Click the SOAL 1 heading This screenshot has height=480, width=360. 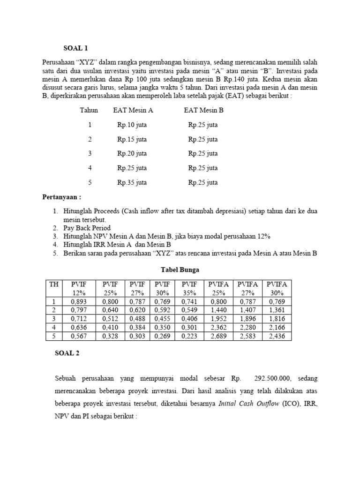[75, 48]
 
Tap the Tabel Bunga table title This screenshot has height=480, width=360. [180, 270]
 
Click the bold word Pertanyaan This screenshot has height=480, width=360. [61, 197]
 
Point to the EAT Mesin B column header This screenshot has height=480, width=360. [203, 111]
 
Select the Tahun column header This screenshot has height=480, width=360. [89, 111]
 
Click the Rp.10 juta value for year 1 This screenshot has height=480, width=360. [132, 125]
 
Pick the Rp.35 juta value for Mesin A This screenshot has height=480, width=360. [132, 183]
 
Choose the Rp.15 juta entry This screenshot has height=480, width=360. [132, 139]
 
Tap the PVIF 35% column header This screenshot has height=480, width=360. [190, 288]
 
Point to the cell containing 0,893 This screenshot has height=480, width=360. [78, 302]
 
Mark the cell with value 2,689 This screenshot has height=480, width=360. [219, 336]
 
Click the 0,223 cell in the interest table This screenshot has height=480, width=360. [190, 336]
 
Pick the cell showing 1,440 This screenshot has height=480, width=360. [219, 310]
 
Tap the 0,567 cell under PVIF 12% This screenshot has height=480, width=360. [78, 336]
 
